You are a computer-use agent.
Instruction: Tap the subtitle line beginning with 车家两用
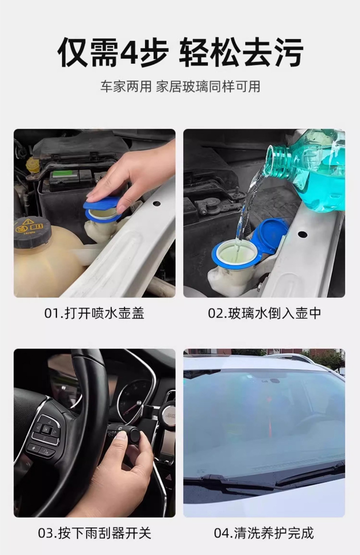(180, 87)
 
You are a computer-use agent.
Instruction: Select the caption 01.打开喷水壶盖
(94, 313)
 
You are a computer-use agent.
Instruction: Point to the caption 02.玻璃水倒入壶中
(264, 313)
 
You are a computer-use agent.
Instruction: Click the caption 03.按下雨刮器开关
(94, 533)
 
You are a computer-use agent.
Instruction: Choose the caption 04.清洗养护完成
(264, 533)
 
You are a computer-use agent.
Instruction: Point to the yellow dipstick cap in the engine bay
(32, 165)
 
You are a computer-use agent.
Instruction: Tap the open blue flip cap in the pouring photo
(272, 235)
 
